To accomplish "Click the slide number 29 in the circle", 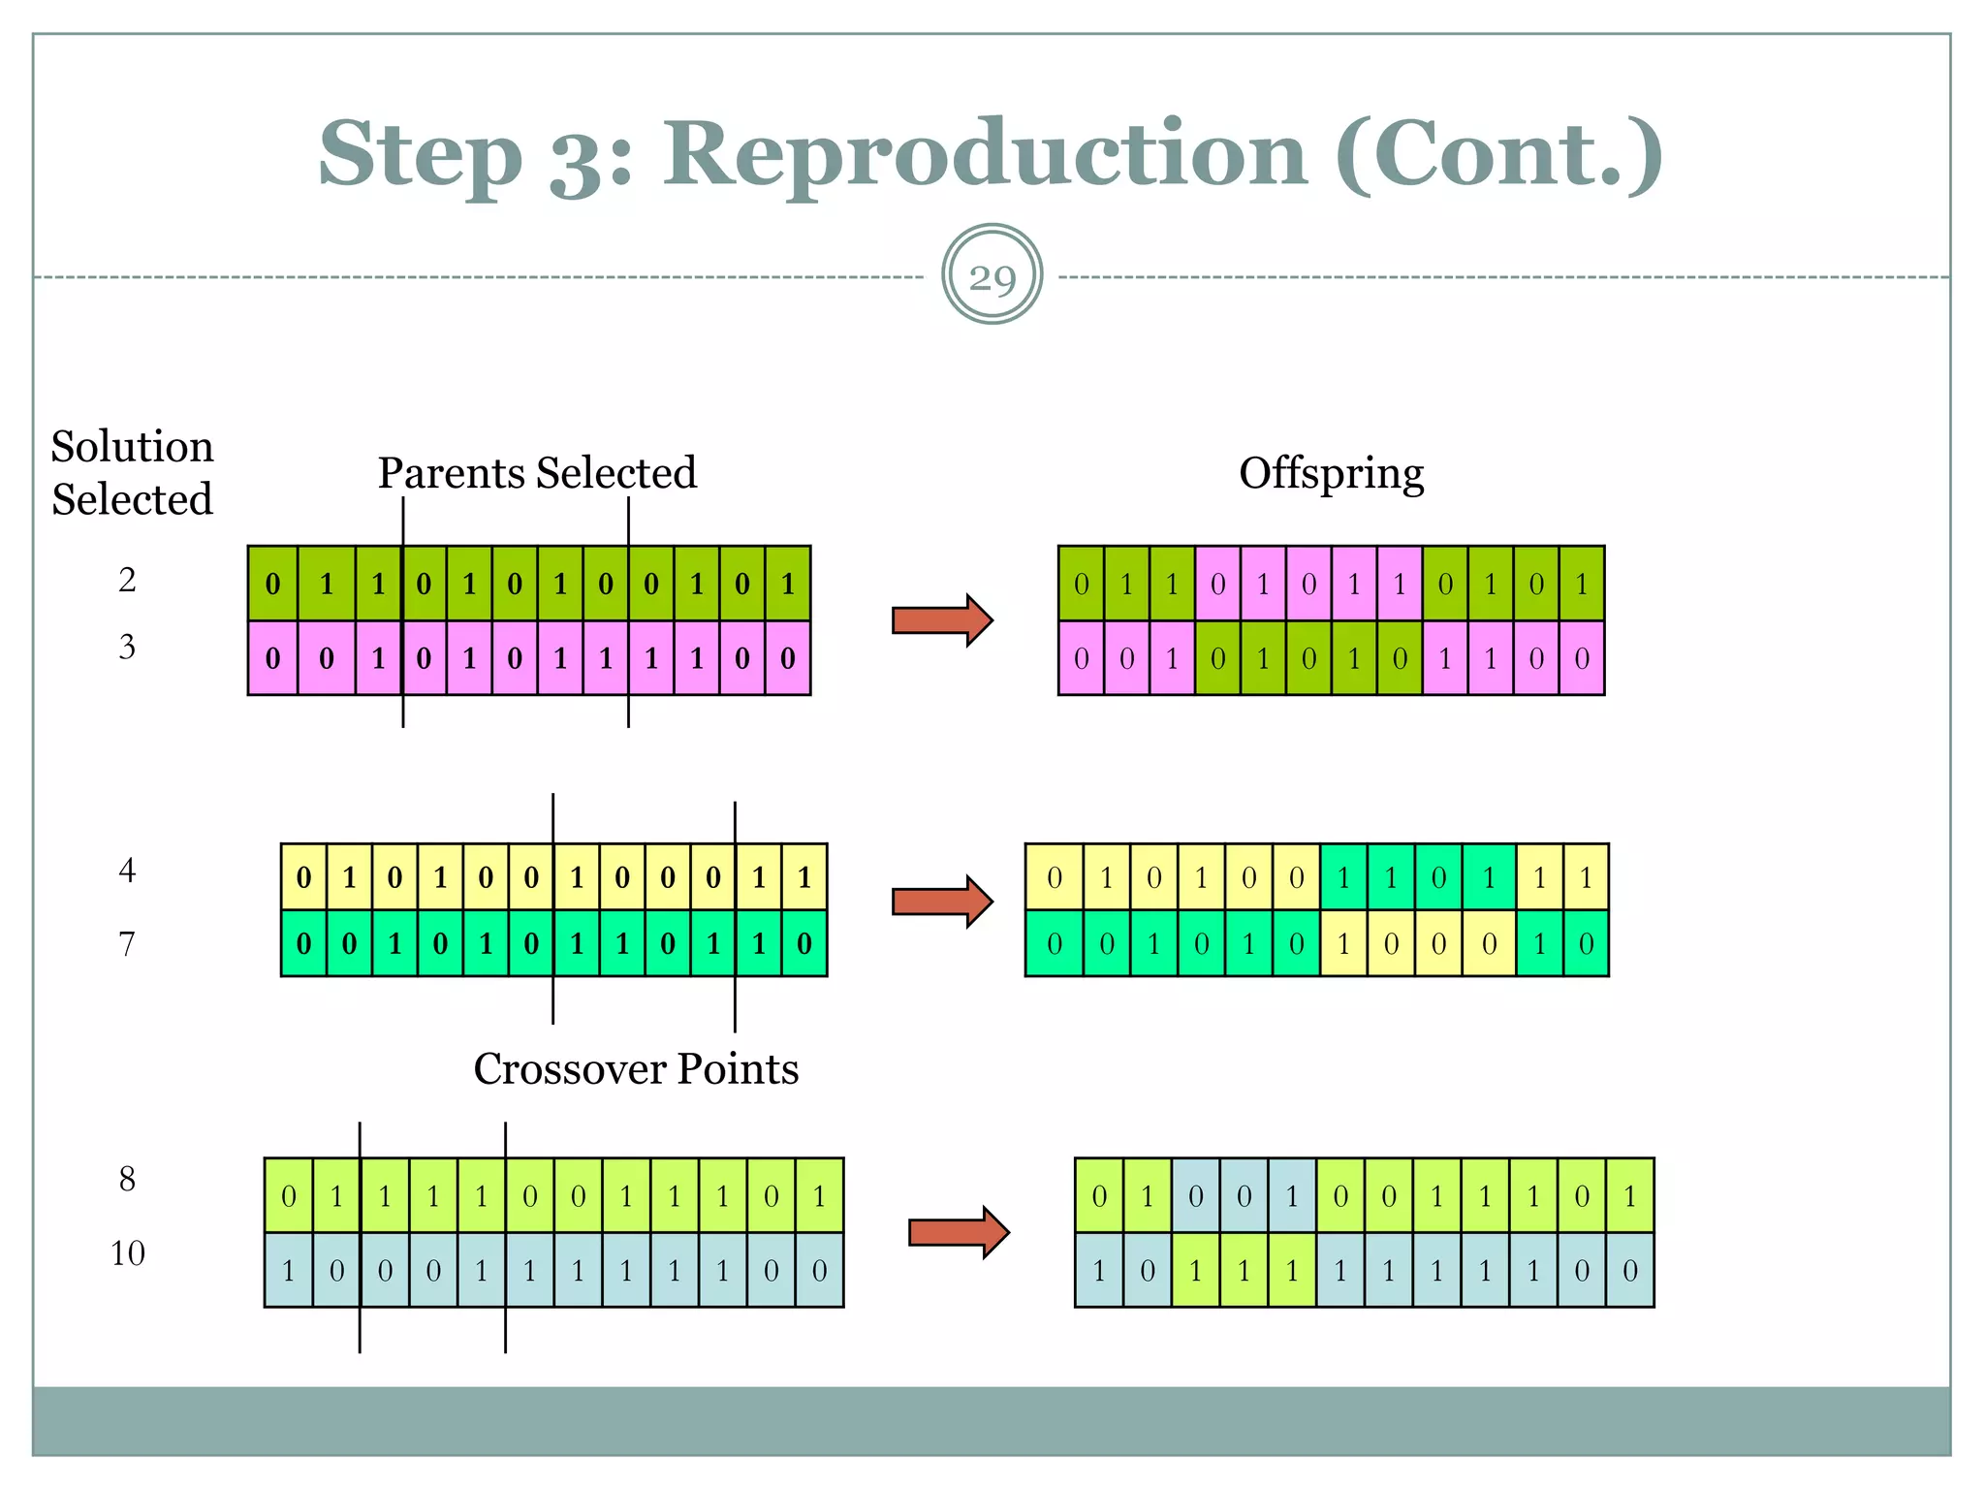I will click(x=992, y=277).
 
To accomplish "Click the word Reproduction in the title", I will click(x=985, y=155).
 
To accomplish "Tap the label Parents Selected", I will click(x=537, y=473).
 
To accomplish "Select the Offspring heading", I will click(x=1331, y=474).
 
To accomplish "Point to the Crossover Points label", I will click(x=636, y=1068).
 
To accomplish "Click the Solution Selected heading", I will click(x=132, y=473).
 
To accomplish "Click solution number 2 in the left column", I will click(x=127, y=580).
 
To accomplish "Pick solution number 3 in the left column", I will click(x=127, y=647).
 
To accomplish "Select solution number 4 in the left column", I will click(x=127, y=870).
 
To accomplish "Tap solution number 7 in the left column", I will click(x=127, y=943).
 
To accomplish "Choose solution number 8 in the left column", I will click(x=127, y=1179).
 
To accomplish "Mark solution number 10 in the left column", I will click(x=127, y=1252).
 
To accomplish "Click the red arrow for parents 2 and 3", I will click(x=941, y=620).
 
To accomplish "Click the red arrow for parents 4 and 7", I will click(x=941, y=902).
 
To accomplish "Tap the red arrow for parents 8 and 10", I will click(x=958, y=1232).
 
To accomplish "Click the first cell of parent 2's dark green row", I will click(x=273, y=584).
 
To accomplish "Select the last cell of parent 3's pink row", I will click(x=788, y=658).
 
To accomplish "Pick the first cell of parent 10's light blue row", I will click(x=289, y=1270).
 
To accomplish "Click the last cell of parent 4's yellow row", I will click(x=804, y=877).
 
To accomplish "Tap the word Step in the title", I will click(x=421, y=155).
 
